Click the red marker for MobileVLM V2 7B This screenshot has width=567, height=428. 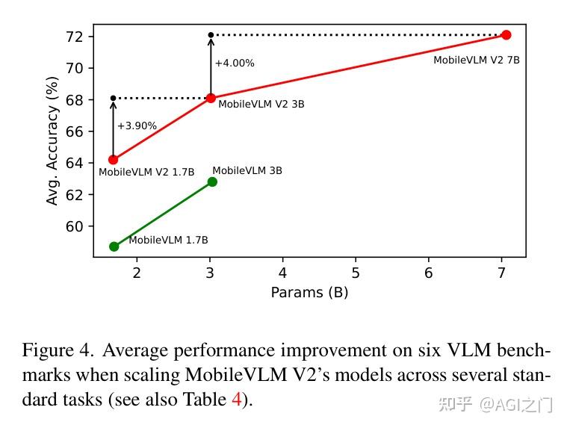(506, 35)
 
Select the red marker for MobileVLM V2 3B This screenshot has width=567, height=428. (211, 98)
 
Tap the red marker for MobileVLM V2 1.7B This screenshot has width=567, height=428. (114, 159)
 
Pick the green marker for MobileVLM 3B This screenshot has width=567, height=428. (212, 182)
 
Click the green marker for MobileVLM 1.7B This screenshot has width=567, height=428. (114, 246)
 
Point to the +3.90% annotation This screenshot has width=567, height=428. (137, 126)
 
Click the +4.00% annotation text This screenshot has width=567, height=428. (235, 63)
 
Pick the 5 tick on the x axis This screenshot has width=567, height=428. (356, 273)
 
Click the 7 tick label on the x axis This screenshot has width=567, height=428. (501, 273)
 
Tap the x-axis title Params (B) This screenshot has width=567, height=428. (309, 293)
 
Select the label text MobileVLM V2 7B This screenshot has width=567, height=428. (476, 60)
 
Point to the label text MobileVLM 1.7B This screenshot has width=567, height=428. (168, 241)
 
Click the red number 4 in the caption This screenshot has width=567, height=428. (237, 400)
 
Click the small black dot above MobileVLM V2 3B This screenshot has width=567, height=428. (211, 35)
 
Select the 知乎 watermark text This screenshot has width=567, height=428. (455, 404)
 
